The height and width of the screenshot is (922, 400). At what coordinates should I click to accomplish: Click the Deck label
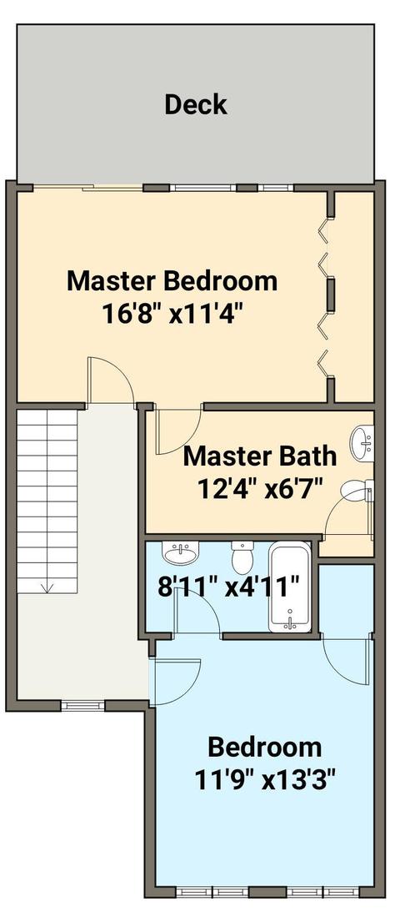pos(196,104)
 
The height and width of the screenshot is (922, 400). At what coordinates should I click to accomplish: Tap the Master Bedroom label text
pos(172,280)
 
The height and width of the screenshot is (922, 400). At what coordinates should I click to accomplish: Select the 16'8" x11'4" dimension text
pos(172,314)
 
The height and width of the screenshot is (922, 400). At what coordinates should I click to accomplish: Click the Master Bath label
pos(260,456)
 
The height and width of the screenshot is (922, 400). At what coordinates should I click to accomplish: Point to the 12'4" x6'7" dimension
pos(260,489)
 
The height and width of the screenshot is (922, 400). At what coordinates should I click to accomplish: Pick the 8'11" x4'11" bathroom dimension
pos(229,587)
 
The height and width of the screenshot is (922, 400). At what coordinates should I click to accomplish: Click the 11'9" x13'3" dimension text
pos(264,781)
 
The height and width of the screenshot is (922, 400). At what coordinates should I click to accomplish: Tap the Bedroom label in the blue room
pos(264,748)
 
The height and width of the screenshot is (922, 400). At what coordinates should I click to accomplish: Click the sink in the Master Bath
pos(362,444)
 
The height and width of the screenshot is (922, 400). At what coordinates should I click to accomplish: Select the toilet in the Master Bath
pos(357,491)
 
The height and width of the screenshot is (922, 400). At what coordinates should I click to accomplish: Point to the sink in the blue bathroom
pos(181,552)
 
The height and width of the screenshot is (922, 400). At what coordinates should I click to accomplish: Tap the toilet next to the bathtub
pos(242,557)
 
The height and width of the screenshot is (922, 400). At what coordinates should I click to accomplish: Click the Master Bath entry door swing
pos(178,431)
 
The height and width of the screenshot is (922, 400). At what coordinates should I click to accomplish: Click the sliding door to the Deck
pos(88,188)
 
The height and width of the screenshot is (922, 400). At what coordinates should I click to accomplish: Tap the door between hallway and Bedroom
pos(175,683)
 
